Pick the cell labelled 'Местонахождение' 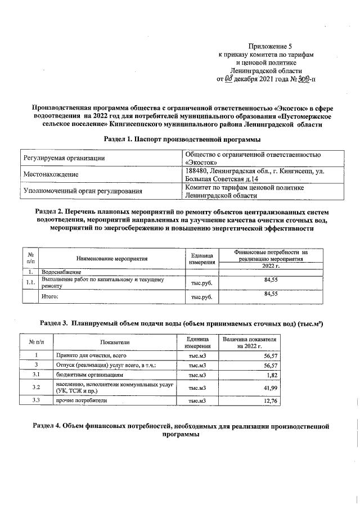coord(50,175)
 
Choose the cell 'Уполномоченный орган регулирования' coord(82,191)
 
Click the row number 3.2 coord(36,388)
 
